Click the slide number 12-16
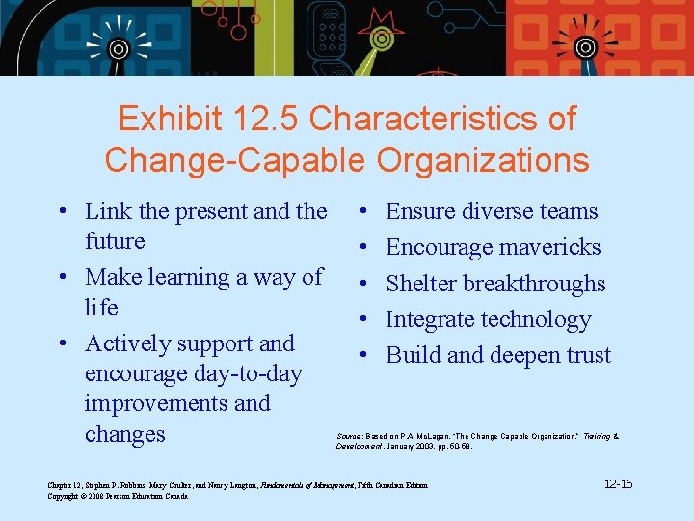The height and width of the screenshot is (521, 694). [618, 483]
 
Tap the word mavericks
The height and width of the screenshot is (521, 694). [549, 247]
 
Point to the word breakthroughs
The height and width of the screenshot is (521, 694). [534, 284]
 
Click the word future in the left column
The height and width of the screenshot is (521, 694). [115, 241]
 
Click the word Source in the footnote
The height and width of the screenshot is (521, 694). [349, 436]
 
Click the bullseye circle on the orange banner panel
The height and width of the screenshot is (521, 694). [584, 47]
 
